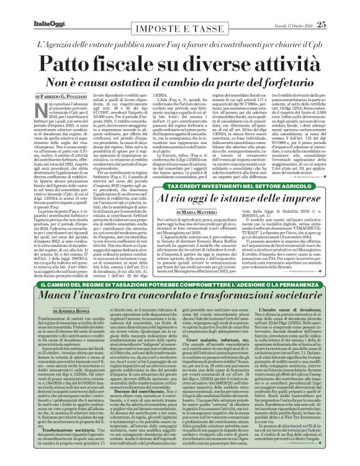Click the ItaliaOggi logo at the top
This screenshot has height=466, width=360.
[x=27, y=7]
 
